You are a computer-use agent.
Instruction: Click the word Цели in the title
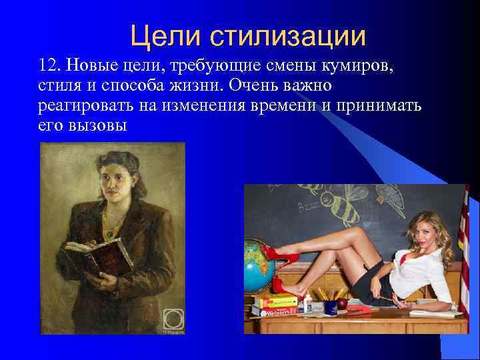pos(158,35)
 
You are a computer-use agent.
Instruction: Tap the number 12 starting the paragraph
pos(49,65)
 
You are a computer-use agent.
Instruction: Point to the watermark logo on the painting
pos(172,319)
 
